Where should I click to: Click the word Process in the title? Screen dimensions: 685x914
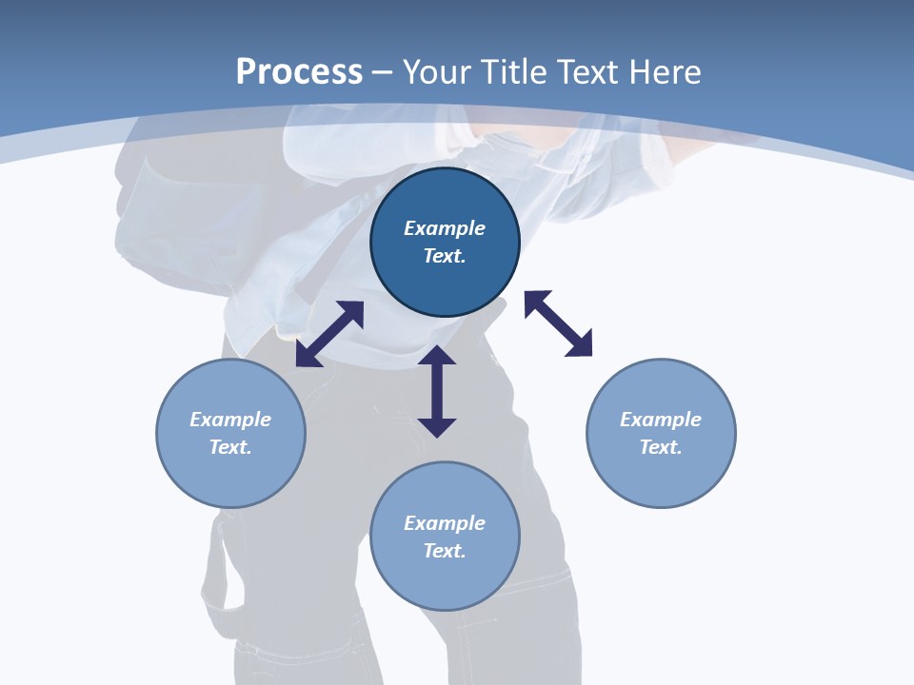pos(299,72)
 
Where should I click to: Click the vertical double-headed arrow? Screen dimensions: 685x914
pos(437,391)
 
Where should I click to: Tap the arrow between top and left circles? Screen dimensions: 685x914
pos(329,334)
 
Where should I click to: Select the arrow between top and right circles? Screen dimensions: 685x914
pos(558,323)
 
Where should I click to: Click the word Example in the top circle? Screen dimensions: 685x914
pos(445,228)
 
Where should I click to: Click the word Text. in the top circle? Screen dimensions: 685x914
pos(445,256)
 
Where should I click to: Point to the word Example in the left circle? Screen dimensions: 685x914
pos(230,420)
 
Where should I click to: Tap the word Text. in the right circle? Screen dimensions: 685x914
pos(661,447)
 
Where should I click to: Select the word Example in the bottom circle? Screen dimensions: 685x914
pos(445,523)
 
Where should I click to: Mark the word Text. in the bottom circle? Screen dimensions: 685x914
pos(445,551)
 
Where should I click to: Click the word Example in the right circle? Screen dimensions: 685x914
pos(661,420)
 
